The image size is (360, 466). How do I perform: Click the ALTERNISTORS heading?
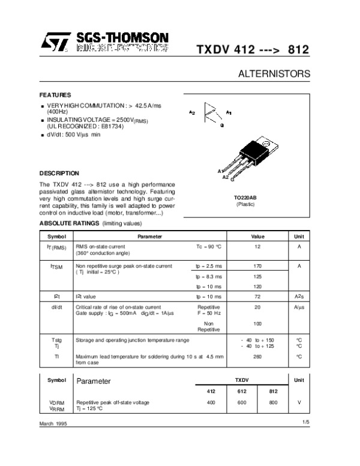[x=274, y=74]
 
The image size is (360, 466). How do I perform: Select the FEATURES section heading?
[x=55, y=95]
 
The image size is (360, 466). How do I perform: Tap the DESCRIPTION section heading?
[x=59, y=173]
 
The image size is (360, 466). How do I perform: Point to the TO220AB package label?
[x=245, y=198]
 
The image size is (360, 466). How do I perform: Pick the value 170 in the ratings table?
[x=257, y=265]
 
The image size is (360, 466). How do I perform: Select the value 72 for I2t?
[x=257, y=297]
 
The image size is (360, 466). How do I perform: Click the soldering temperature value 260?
[x=257, y=357]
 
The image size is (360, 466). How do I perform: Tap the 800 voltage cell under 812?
[x=274, y=402]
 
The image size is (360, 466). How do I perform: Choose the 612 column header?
[x=242, y=390]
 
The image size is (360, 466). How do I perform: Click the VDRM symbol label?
[x=56, y=402]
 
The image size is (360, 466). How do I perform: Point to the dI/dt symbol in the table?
[x=56, y=307]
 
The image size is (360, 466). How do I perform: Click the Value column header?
[x=257, y=237]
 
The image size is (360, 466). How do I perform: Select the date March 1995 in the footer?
[x=52, y=424]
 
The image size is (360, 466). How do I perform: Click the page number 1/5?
[x=306, y=423]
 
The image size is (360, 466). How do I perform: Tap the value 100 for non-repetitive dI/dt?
[x=257, y=324]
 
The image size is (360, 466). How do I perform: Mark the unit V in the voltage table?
[x=298, y=402]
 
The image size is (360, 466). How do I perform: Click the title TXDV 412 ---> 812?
[x=253, y=49]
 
